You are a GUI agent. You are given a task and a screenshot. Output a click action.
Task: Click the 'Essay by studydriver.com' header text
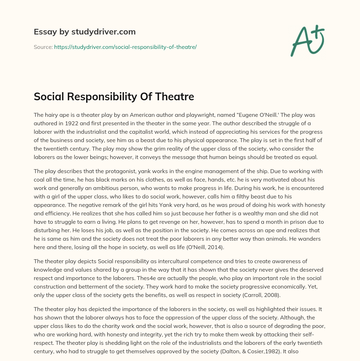[84, 32]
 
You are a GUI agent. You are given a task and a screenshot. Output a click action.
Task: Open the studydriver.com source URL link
[125, 47]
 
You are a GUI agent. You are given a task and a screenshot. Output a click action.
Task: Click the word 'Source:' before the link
[43, 47]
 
